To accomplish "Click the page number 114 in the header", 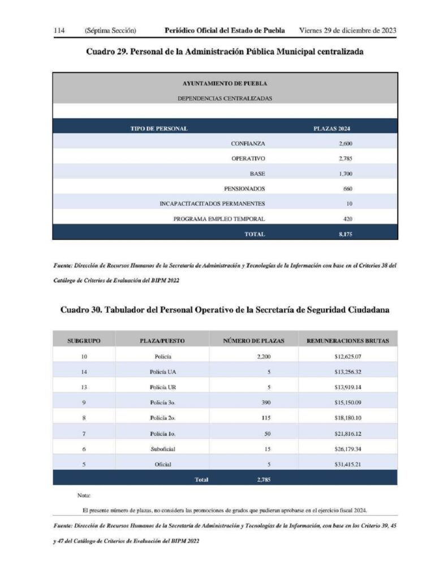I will (x=59, y=30).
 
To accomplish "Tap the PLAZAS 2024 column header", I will (x=332, y=128).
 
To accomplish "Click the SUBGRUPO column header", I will (x=84, y=341).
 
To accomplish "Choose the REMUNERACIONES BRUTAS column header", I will (x=347, y=341).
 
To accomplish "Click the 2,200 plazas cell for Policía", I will (x=265, y=357).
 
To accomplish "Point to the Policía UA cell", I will (x=163, y=372).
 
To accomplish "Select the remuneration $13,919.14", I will (x=347, y=387).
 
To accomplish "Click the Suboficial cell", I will (x=163, y=449).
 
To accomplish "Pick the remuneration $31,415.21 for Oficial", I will (x=347, y=464).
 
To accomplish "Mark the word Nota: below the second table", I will (x=84, y=495).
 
